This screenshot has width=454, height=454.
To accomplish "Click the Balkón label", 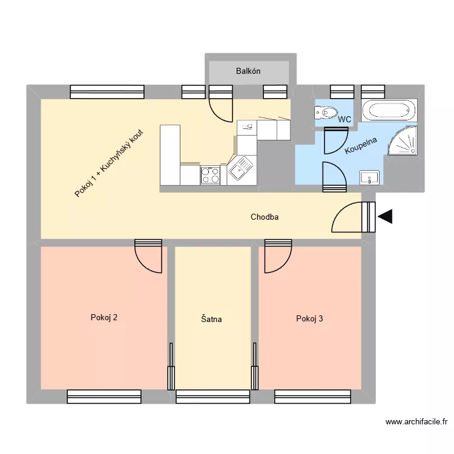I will (x=248, y=71).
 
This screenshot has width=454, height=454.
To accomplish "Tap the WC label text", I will (x=344, y=120).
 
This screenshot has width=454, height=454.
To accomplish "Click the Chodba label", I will (x=265, y=217).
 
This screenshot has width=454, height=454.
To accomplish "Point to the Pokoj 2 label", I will (x=104, y=317).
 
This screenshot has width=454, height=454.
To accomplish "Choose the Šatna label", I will (x=212, y=318).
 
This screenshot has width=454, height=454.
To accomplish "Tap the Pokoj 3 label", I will (x=309, y=318).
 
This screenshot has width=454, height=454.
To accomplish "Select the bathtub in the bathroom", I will (x=389, y=111).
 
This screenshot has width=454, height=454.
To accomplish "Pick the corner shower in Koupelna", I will (x=402, y=142).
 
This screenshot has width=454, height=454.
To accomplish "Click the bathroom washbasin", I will (x=369, y=177).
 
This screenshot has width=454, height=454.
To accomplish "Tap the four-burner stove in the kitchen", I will (x=211, y=175).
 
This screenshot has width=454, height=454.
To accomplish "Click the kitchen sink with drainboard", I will (x=240, y=169).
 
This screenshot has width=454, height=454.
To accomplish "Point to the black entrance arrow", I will (x=385, y=216).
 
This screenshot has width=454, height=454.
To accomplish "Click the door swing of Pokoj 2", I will (x=149, y=255).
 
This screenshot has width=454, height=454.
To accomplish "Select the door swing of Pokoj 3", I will (x=276, y=255).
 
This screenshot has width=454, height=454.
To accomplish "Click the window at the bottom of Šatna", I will (x=212, y=396).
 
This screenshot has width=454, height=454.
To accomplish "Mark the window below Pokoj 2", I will (x=100, y=396).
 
